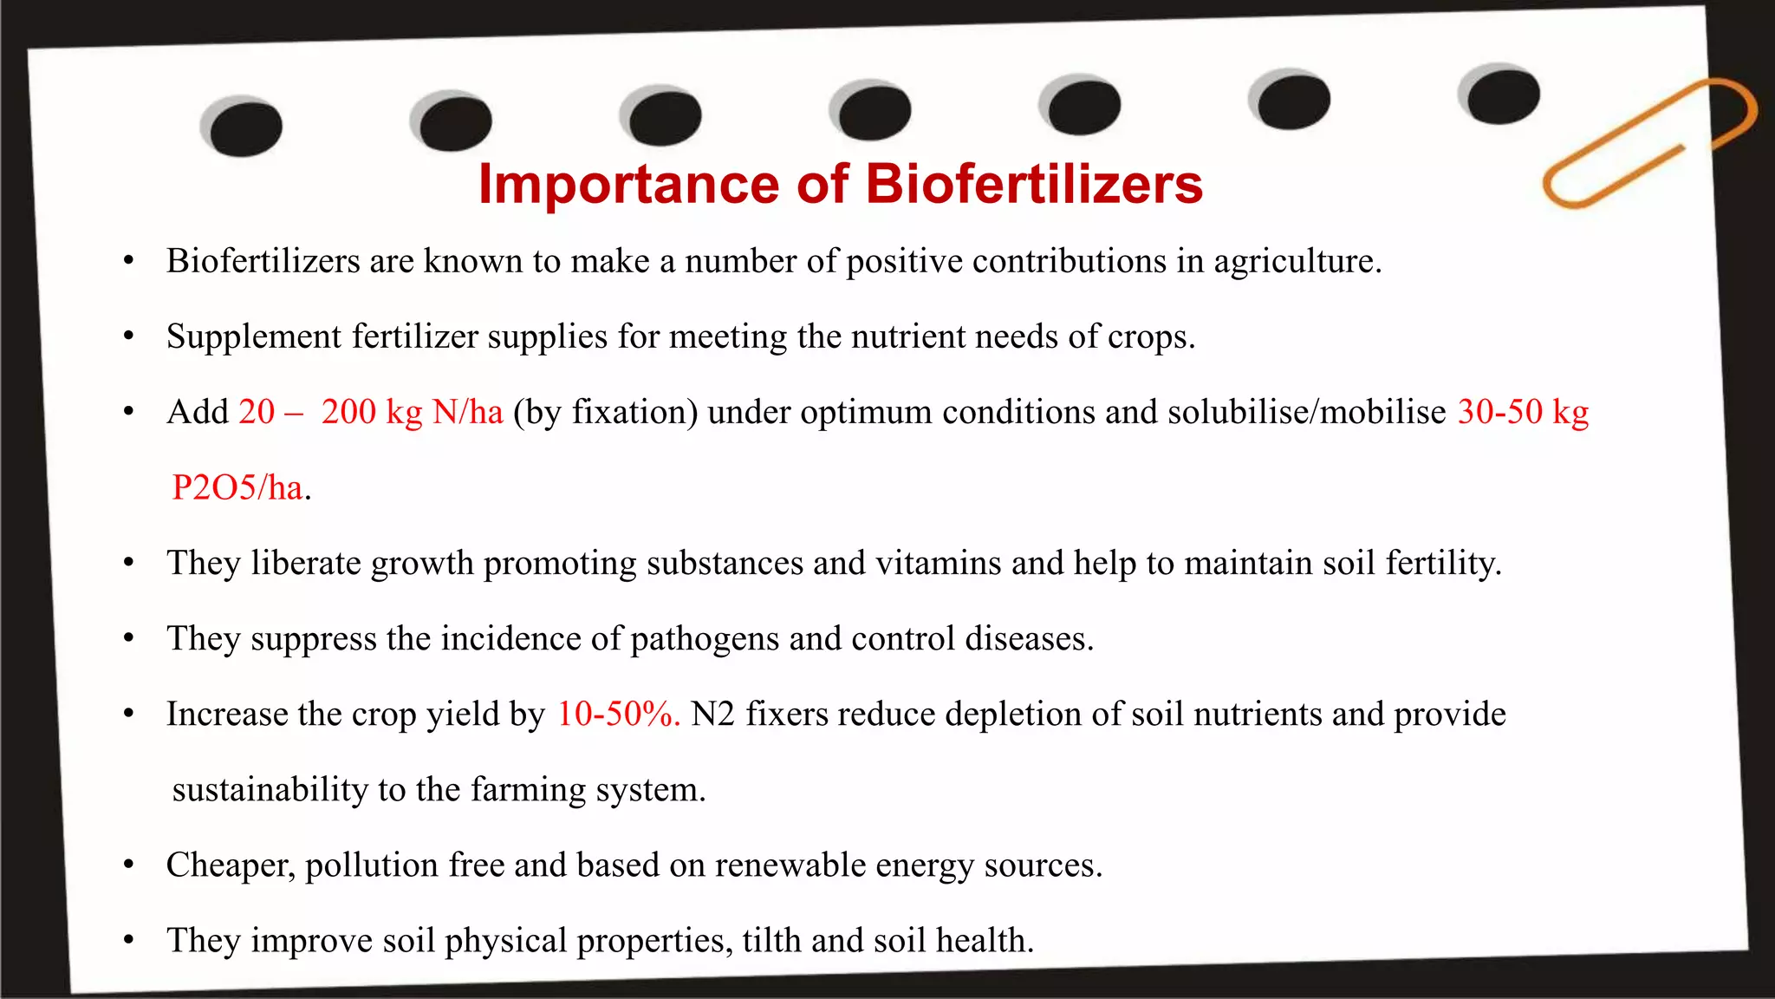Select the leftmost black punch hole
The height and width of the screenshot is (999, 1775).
point(245,128)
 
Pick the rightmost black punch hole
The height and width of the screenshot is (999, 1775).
point(1502,95)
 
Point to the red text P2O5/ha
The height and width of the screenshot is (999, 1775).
point(237,488)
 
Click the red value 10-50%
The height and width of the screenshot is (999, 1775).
point(618,715)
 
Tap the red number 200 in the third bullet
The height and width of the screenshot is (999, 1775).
point(348,413)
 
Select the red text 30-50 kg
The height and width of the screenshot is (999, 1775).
point(1523,413)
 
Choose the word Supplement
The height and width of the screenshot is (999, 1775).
point(254,337)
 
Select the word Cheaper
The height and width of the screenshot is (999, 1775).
point(231,865)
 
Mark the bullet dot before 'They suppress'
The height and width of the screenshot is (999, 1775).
point(128,639)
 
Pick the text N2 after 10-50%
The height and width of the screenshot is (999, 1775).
point(712,715)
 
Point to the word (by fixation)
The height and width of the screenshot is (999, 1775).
point(605,413)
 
